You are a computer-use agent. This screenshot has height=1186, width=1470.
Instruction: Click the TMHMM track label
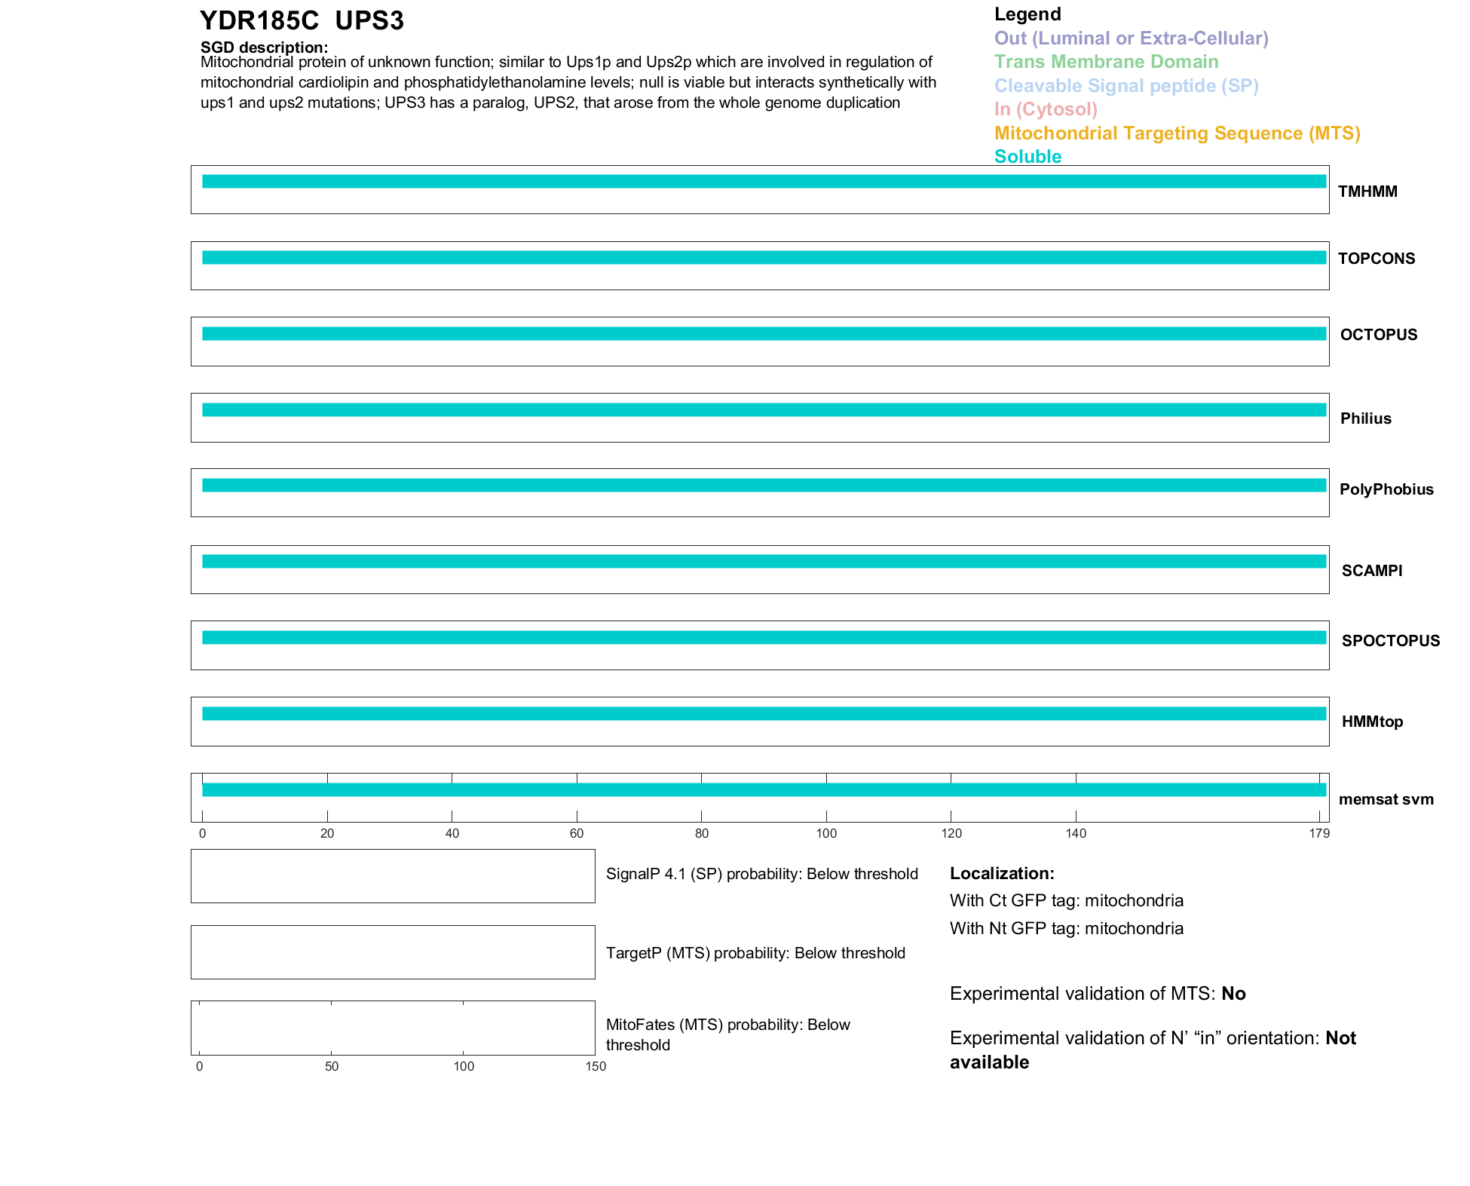click(x=1367, y=192)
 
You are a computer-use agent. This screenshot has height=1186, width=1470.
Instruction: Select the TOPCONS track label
click(x=1377, y=259)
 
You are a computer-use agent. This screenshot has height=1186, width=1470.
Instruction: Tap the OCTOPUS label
click(x=1379, y=335)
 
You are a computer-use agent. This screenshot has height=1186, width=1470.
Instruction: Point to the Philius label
click(x=1366, y=418)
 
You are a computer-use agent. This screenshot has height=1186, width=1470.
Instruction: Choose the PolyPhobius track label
click(x=1386, y=489)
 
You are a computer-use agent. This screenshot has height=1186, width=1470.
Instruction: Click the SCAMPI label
click(x=1372, y=571)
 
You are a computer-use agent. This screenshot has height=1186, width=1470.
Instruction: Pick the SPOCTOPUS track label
click(x=1391, y=641)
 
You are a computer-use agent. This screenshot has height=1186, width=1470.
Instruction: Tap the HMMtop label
click(x=1372, y=722)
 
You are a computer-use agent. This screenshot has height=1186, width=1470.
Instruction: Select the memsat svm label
click(x=1386, y=799)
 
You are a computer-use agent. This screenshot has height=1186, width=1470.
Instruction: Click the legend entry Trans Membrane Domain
click(x=1106, y=62)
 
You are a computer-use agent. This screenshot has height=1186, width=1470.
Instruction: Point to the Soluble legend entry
click(x=1027, y=157)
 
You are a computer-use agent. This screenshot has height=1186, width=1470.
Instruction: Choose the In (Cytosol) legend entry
click(x=1046, y=109)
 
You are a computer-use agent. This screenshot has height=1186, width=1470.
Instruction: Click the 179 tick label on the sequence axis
click(x=1319, y=833)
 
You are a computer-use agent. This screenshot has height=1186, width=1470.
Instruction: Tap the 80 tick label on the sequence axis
click(x=702, y=833)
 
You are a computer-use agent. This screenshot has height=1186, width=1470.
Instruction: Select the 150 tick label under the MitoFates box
click(x=596, y=1066)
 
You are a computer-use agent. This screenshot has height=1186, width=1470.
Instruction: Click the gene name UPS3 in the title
click(x=369, y=21)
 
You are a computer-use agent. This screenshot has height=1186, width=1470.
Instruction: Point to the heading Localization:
click(x=1002, y=873)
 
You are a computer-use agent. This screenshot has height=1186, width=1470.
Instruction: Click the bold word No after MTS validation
click(x=1233, y=994)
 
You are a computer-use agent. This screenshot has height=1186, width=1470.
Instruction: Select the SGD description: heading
click(x=264, y=48)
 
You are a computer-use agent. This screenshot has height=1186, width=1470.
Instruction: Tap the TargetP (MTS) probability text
click(x=755, y=953)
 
